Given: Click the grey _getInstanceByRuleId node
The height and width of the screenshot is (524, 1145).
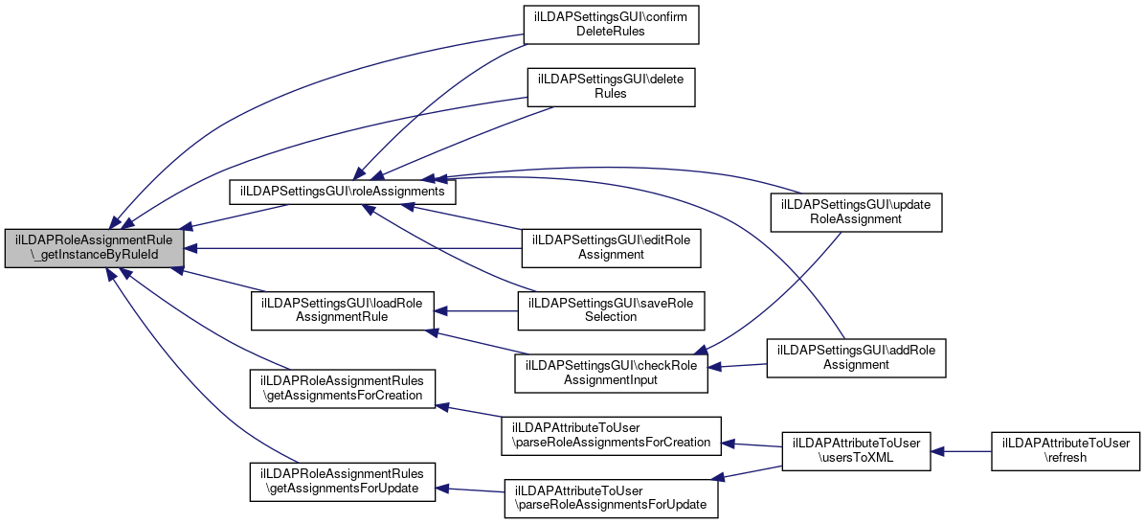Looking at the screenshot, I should click(94, 248).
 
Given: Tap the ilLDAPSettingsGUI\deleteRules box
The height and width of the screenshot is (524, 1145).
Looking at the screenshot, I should click(610, 86).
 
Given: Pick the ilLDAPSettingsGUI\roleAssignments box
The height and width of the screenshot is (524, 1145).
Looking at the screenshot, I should click(343, 192).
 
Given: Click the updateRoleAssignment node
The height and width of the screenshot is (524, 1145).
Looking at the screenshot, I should click(856, 212).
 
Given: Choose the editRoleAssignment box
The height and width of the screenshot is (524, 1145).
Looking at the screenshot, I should click(611, 247).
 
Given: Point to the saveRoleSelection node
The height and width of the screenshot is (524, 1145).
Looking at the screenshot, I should click(610, 309).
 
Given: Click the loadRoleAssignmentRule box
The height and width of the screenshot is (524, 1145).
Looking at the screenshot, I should click(342, 309).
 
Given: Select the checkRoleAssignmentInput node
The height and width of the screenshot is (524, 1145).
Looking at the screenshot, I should click(611, 372).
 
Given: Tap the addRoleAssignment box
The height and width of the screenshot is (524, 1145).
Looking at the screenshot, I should click(856, 357).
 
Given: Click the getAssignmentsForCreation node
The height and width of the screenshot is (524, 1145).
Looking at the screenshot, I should click(342, 388).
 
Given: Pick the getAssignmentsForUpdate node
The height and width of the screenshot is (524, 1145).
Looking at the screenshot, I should click(342, 481).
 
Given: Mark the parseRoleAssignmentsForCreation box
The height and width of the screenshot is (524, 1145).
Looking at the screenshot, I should click(611, 435).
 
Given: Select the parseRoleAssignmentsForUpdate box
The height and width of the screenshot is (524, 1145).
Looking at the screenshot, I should click(611, 497).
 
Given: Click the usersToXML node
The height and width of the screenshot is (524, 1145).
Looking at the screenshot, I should click(856, 450).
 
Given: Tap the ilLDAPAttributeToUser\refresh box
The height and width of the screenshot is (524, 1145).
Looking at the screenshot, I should click(1066, 450).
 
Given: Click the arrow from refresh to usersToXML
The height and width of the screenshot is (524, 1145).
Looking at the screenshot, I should click(961, 450).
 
